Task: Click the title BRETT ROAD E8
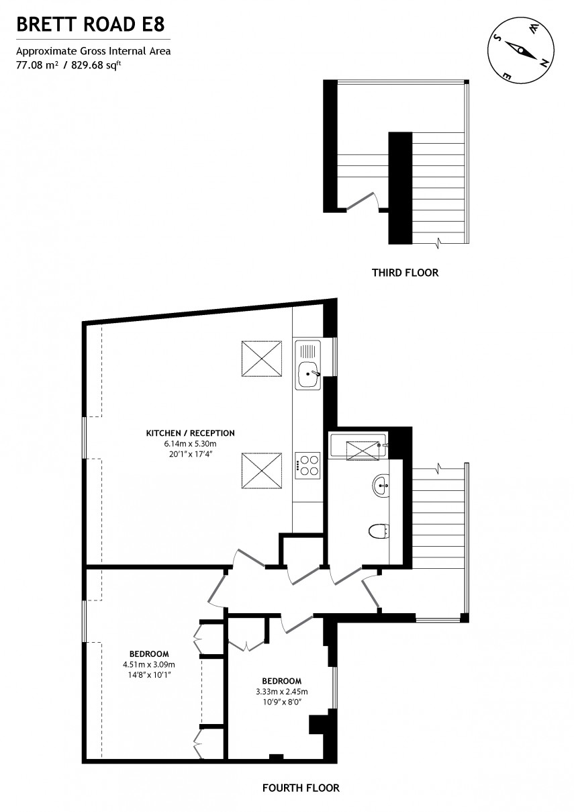[x=89, y=26]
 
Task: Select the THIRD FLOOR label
[x=405, y=273]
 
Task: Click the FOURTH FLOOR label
[x=301, y=788]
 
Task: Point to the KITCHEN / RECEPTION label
[x=191, y=433]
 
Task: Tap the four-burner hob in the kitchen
[x=307, y=464]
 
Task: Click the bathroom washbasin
[x=380, y=485]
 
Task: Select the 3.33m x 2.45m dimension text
[x=281, y=692]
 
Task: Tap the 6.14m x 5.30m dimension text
[x=191, y=444]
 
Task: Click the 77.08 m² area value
[x=37, y=64]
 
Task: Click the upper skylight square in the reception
[x=260, y=359]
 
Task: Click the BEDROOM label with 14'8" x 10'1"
[x=149, y=653]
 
